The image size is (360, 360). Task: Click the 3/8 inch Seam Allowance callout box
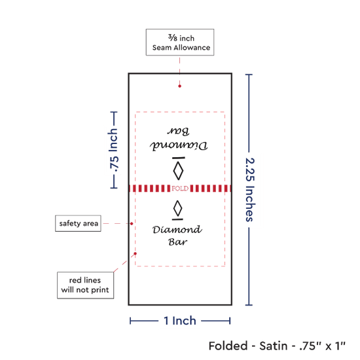click(x=180, y=43)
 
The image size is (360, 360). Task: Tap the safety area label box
click(x=78, y=223)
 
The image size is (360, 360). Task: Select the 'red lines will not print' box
click(x=85, y=285)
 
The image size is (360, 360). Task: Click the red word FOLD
click(x=180, y=189)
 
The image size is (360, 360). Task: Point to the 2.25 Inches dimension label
click(x=250, y=190)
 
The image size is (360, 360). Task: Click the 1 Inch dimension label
click(x=180, y=321)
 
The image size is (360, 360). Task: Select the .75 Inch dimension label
click(x=114, y=150)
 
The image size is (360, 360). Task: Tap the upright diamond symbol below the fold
click(x=177, y=208)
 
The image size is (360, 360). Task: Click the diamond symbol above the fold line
click(x=178, y=171)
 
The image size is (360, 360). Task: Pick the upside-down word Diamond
click(x=179, y=145)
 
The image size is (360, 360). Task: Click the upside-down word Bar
click(x=179, y=131)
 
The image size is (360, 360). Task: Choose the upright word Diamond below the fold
click(x=177, y=230)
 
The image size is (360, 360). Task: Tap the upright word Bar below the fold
click(x=177, y=242)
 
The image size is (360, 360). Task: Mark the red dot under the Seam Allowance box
click(x=179, y=86)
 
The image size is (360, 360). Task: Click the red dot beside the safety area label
click(x=132, y=224)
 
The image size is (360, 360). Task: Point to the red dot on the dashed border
click(x=135, y=253)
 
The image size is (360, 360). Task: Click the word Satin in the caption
click(x=273, y=346)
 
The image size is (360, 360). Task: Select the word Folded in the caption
click(x=228, y=346)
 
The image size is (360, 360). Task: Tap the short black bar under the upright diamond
click(x=177, y=219)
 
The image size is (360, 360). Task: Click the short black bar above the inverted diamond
click(x=179, y=158)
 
